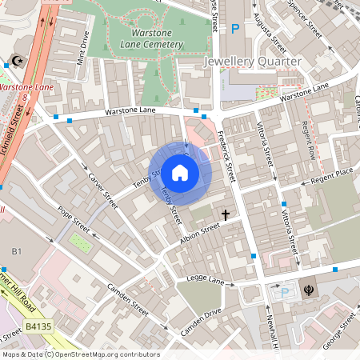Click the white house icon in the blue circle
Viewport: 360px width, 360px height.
click(180, 172)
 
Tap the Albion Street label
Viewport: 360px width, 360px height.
click(198, 231)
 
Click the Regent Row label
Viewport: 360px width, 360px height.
click(306, 139)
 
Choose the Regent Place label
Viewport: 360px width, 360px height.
click(333, 174)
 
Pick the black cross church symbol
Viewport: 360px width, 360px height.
click(226, 214)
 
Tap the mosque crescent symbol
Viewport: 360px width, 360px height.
click(18, 62)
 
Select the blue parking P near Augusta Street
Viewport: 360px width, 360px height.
click(235, 29)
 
